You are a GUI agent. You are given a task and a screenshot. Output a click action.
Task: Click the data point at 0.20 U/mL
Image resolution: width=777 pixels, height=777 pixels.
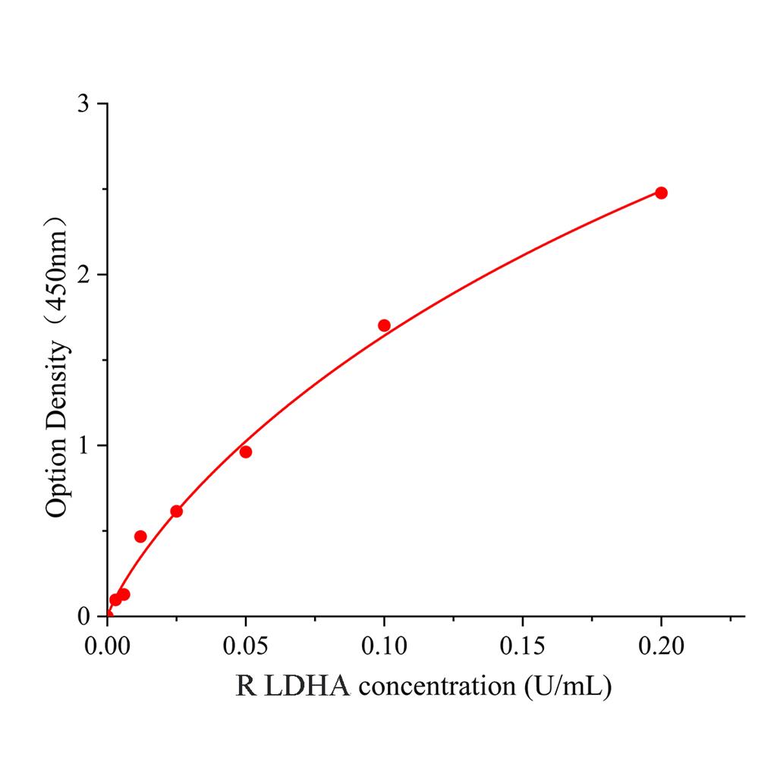661,193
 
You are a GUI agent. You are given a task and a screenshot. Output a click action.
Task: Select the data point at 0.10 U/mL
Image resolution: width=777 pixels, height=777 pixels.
384,326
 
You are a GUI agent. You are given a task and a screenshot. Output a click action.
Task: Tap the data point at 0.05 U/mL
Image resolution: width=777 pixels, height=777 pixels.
245,452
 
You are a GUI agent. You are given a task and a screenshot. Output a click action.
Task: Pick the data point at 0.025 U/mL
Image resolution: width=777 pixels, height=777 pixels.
176,511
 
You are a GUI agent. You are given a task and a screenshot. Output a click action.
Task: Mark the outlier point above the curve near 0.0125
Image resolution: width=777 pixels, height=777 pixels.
140,536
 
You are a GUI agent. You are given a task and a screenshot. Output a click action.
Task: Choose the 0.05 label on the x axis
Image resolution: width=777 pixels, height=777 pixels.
245,646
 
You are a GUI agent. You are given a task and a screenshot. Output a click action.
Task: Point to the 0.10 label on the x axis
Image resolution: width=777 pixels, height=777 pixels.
384,646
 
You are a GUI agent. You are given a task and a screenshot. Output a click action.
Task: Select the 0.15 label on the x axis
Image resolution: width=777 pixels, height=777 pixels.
522,646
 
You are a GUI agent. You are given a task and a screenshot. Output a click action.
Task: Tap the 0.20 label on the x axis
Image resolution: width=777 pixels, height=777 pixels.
661,646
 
